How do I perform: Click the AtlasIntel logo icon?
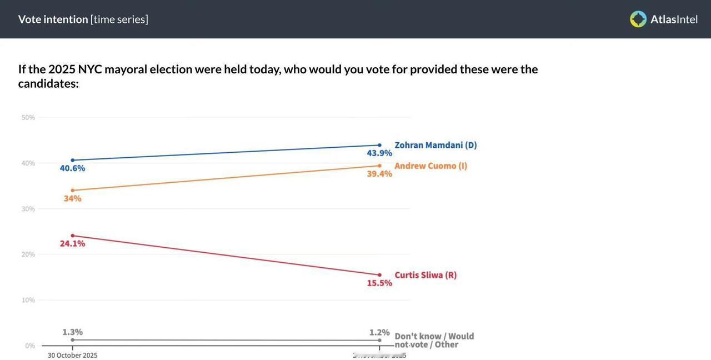[x=638, y=19]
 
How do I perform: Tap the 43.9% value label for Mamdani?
[x=379, y=153]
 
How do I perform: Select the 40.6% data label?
[x=72, y=168]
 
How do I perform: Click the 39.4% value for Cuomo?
[x=379, y=174]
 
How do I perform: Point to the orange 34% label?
[x=72, y=198]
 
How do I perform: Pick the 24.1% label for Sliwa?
[x=72, y=243]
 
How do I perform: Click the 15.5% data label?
[x=379, y=283]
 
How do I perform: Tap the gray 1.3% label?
[x=72, y=332]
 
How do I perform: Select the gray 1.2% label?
[x=379, y=332]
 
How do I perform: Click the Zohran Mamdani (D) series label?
[x=435, y=145]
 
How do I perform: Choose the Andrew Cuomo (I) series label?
[x=430, y=166]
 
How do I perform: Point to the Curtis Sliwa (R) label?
[x=425, y=275]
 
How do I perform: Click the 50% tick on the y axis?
[x=28, y=117]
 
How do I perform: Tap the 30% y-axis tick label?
[x=28, y=209]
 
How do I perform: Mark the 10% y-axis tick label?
[x=28, y=300]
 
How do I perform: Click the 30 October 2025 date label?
[x=72, y=356]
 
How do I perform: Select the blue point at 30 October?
[x=72, y=160]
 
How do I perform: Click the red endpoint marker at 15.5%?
[x=379, y=275]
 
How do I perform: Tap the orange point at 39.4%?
[x=379, y=166]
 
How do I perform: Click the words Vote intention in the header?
[x=53, y=19]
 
